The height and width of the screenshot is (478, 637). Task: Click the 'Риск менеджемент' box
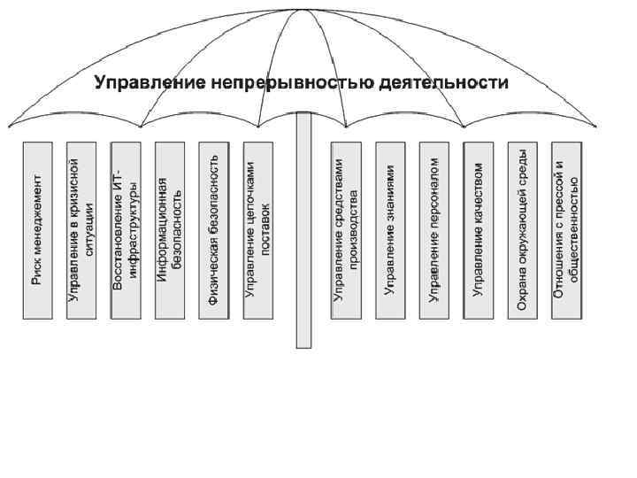tap(36, 229)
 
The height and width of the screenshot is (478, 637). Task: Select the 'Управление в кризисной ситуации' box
tap(81, 229)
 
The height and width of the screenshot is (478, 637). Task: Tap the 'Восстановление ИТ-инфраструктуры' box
tap(125, 229)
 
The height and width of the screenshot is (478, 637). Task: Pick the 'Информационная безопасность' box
tap(169, 229)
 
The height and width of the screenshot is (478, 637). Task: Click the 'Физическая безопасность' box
tap(213, 229)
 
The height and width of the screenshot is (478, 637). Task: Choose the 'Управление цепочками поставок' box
tap(257, 229)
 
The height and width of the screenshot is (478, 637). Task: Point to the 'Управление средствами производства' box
tap(346, 229)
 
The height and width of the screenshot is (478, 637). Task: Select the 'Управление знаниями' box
tap(390, 229)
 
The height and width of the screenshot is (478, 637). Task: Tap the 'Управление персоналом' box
tap(434, 229)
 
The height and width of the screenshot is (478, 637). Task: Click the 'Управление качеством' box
tap(479, 229)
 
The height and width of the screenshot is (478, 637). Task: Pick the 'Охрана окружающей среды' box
tap(523, 229)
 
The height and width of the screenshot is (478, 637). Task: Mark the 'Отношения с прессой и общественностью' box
tap(567, 229)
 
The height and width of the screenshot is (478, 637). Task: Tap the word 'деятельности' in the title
tap(443, 84)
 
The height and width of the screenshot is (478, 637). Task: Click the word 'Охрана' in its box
tap(523, 296)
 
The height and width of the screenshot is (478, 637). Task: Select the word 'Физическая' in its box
tap(213, 271)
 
